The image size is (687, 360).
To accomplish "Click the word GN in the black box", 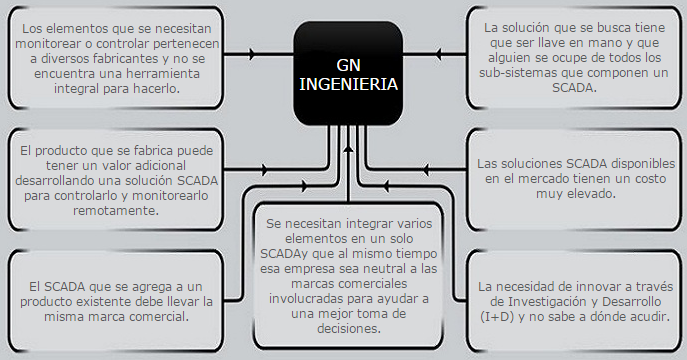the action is pyautogui.click(x=349, y=62).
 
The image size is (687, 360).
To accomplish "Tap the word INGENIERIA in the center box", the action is pyautogui.click(x=349, y=85).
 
